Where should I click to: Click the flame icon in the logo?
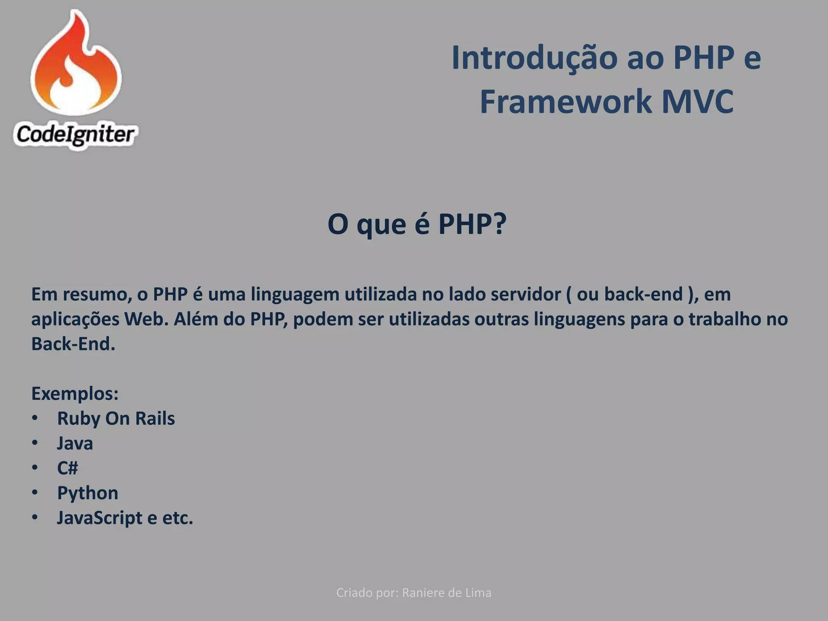pyautogui.click(x=76, y=65)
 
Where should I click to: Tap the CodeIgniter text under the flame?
pyautogui.click(x=75, y=135)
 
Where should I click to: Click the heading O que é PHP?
pyautogui.click(x=416, y=224)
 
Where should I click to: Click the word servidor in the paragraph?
pyautogui.click(x=526, y=294)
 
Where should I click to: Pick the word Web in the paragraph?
pyautogui.click(x=146, y=319)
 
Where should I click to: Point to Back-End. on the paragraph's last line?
pyautogui.click(x=73, y=344)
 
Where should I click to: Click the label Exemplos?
pyautogui.click(x=75, y=394)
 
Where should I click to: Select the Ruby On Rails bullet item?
pyautogui.click(x=116, y=418)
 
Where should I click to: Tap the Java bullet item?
pyautogui.click(x=75, y=444)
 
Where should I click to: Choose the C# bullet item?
pyautogui.click(x=67, y=468)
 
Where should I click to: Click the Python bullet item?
pyautogui.click(x=87, y=493)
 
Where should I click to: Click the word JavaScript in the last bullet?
pyautogui.click(x=99, y=518)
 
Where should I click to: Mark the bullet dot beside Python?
pyautogui.click(x=35, y=492)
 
